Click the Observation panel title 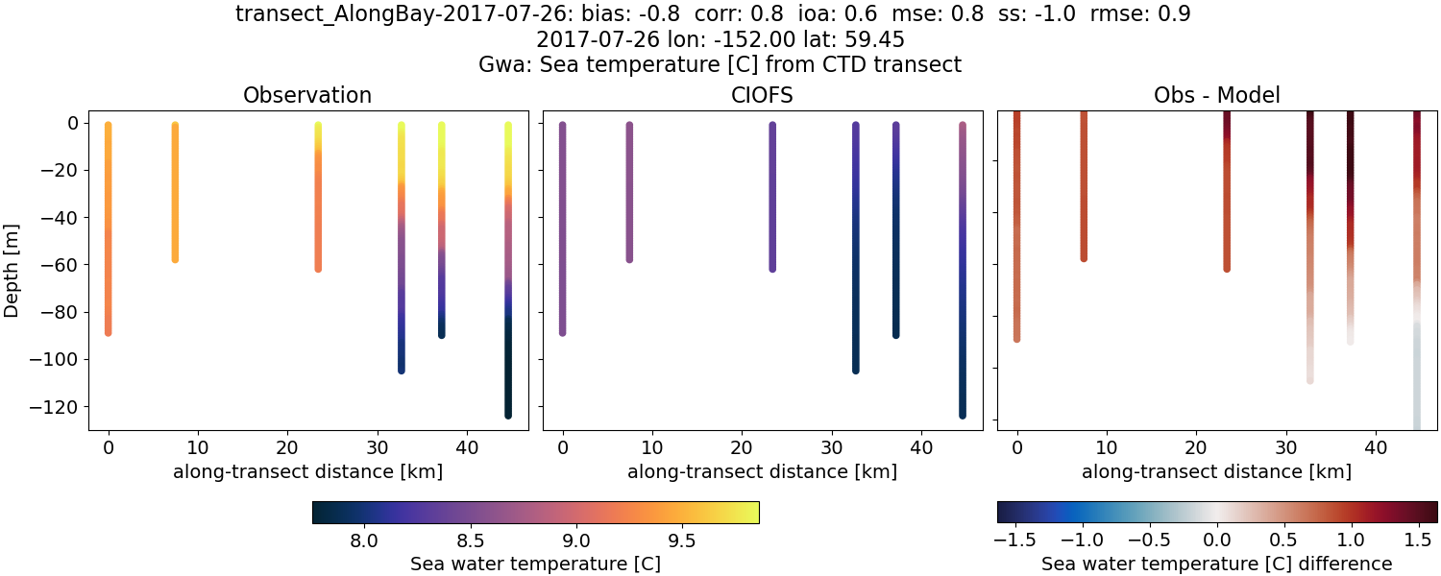point(307,95)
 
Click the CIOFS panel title point(762,95)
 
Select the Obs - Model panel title point(1216,95)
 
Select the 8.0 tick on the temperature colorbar point(363,541)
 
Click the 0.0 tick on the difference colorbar point(1217,541)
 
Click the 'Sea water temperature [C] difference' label point(1216,564)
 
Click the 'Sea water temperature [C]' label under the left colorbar point(535,564)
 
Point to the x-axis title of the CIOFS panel point(762,471)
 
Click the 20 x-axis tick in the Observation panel point(287,446)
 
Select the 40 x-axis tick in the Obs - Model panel point(1375,446)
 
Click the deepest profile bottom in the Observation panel point(507,414)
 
